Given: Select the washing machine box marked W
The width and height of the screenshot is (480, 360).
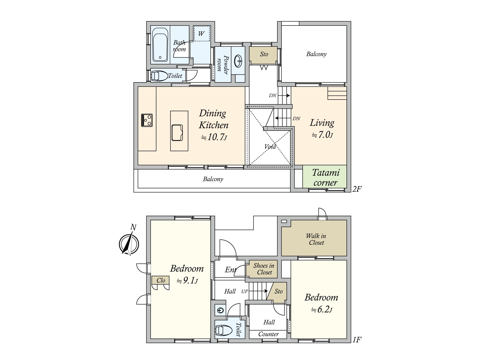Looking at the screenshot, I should tap(201, 34).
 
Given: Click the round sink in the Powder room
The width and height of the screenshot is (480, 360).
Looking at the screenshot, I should tap(238, 61).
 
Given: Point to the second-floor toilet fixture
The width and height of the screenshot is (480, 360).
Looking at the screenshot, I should tap(159, 76).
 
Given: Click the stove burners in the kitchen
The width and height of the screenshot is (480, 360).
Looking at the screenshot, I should tap(147, 120).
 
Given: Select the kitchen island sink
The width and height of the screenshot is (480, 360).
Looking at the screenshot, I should tap(177, 133).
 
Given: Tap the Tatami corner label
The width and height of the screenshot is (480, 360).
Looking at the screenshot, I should tap(325, 177).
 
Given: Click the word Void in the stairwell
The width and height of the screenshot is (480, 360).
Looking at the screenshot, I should tap(270, 147).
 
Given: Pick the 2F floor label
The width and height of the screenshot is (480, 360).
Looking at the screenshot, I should tap(357, 189).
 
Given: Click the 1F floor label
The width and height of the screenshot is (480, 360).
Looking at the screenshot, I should tap(357, 340).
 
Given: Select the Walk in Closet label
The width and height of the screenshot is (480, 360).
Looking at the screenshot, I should tap(316, 239).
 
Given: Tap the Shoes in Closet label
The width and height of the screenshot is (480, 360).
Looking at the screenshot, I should tap(264, 269).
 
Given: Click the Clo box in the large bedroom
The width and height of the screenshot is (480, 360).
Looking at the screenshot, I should tap(160, 280).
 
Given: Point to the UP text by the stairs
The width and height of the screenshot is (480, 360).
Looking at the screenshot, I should tap(244, 291).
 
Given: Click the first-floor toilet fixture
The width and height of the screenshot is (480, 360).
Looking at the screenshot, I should tap(224, 331).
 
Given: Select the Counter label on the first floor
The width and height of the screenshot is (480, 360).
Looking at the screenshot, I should tap(268, 334).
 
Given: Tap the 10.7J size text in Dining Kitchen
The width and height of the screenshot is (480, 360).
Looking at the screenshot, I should tap(214, 137).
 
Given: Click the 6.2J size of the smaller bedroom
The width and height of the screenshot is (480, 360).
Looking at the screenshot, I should tap(322, 310).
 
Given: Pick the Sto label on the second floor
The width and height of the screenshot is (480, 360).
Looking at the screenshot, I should tap(264, 54).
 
